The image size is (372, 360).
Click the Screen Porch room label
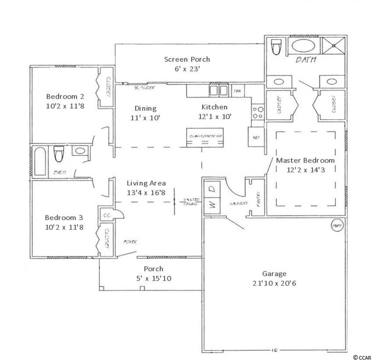[x=187, y=59]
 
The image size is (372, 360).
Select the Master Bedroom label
[x=305, y=160]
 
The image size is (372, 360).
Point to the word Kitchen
[x=214, y=107]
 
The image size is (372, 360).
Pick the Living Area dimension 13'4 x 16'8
[x=146, y=193]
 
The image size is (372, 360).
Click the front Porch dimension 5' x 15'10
[x=153, y=278]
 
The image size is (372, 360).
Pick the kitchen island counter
[x=205, y=139]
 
